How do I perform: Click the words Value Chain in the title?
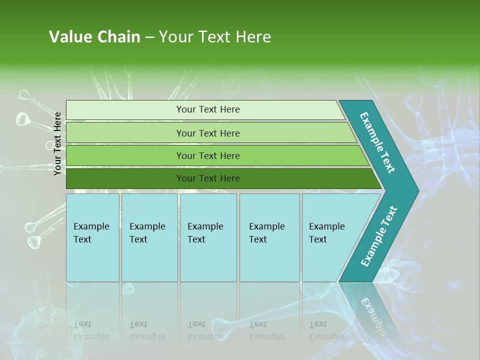click(94, 37)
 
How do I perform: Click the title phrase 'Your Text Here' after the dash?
click(215, 37)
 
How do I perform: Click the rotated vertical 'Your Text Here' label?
click(57, 143)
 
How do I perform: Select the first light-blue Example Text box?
click(92, 237)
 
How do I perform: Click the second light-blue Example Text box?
click(149, 237)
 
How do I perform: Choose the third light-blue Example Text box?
click(208, 237)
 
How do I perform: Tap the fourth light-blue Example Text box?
click(269, 237)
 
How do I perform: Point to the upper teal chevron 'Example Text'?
click(377, 142)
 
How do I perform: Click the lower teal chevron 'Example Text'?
click(379, 236)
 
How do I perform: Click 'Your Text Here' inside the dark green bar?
click(208, 178)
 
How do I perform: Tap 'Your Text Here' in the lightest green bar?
click(208, 109)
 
